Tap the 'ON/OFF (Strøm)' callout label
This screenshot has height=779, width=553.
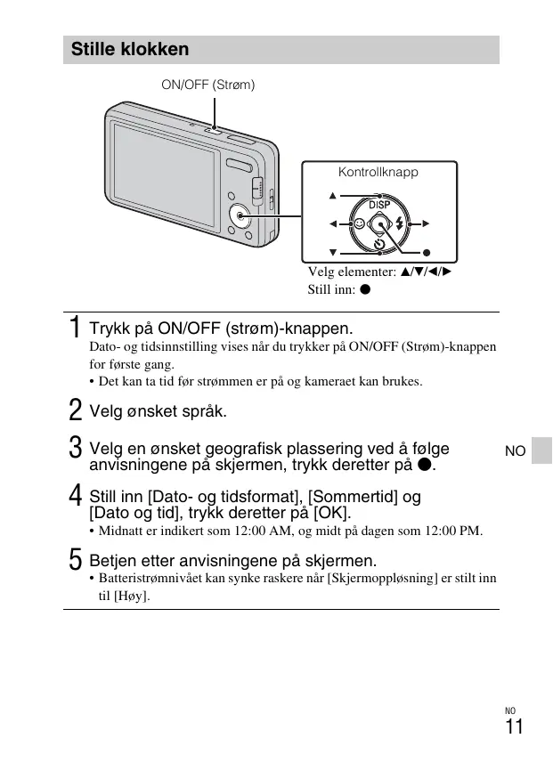pos(207,85)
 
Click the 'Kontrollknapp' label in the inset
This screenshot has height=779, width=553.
pos(378,172)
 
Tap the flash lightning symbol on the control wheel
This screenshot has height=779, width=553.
pos(399,224)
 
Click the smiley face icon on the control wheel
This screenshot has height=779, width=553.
pos(359,225)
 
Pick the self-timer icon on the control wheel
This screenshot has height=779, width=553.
pos(379,244)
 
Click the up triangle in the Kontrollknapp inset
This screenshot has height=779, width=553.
pos(333,196)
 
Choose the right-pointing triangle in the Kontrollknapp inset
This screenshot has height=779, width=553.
pos(427,223)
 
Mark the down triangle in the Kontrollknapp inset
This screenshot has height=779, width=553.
pos(333,252)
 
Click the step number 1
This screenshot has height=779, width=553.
pos(76,328)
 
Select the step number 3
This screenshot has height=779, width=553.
pos(76,447)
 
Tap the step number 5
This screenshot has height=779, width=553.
pos(76,561)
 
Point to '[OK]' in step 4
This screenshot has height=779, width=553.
pos(333,514)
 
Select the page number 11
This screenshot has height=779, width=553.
pos(514,727)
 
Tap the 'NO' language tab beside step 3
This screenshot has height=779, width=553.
pos(515,451)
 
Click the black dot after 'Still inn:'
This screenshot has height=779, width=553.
pos(365,289)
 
